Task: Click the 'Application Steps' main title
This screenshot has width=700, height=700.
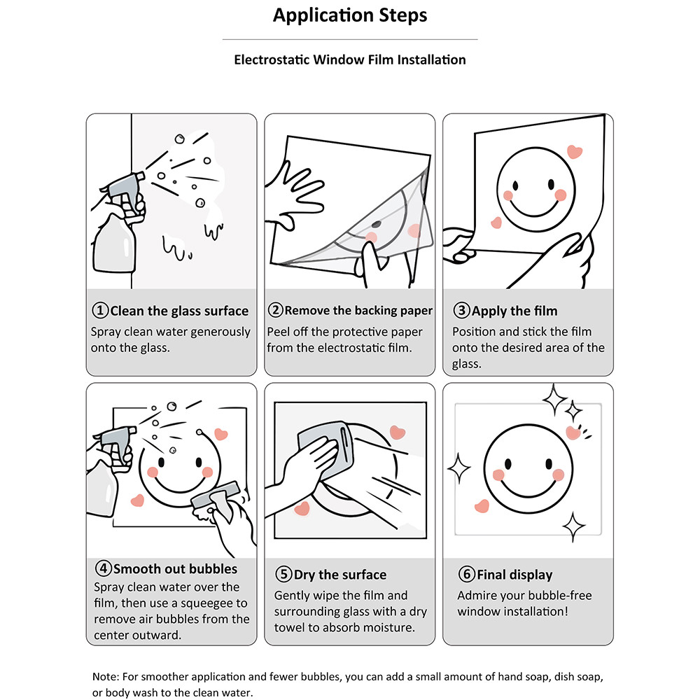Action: click(350, 15)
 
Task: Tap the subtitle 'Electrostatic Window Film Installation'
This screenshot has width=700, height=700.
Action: click(350, 59)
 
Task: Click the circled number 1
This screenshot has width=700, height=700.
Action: click(100, 310)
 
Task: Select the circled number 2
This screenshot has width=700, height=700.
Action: click(275, 310)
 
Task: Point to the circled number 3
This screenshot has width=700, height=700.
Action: click(461, 310)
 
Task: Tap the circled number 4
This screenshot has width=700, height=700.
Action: click(103, 568)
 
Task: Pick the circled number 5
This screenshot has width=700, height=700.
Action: click(283, 574)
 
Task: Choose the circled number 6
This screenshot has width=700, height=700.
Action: click(466, 574)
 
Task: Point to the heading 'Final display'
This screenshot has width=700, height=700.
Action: click(514, 575)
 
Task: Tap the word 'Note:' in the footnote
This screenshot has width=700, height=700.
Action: click(106, 677)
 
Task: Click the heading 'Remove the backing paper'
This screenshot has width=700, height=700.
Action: click(358, 311)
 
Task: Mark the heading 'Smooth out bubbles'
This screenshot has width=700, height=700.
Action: click(176, 568)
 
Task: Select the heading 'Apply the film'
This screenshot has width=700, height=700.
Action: click(514, 311)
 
